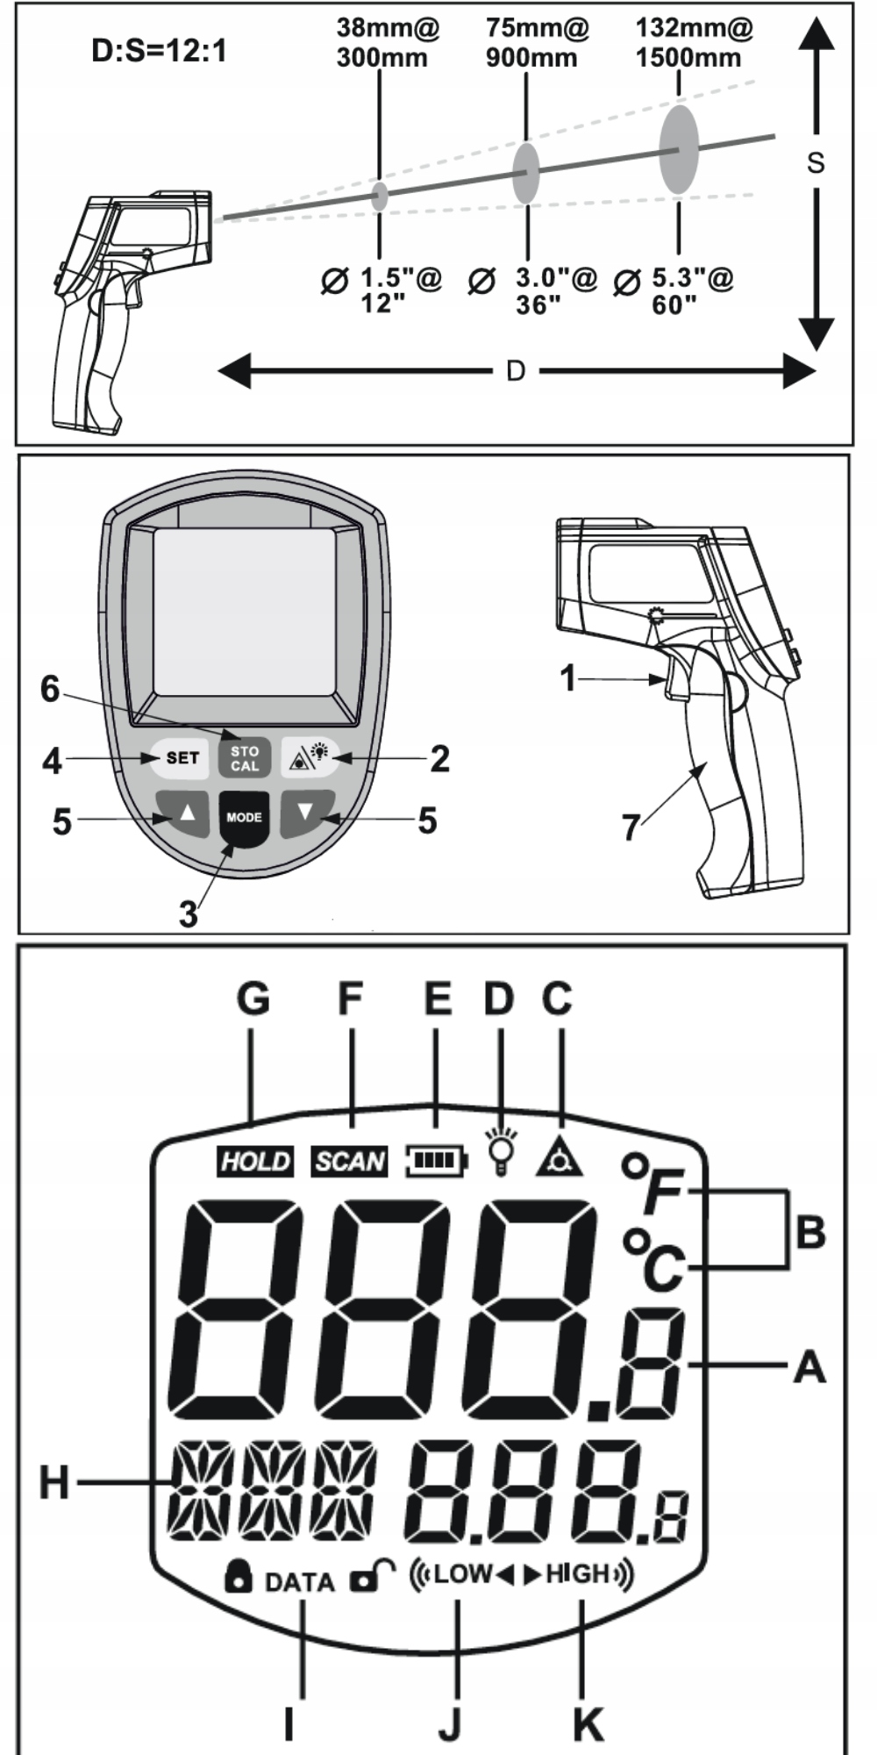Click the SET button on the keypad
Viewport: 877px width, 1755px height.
pyautogui.click(x=182, y=757)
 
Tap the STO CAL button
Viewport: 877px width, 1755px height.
pyautogui.click(x=245, y=758)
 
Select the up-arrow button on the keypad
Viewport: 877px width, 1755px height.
pyautogui.click(x=186, y=813)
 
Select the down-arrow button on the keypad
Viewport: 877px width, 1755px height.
pyautogui.click(x=305, y=812)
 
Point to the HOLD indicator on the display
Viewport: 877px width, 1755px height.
pyautogui.click(x=254, y=1161)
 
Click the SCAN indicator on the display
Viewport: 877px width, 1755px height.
pyautogui.click(x=350, y=1161)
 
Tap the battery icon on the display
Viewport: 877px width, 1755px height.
pyautogui.click(x=437, y=1161)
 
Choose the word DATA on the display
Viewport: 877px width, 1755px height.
pyautogui.click(x=299, y=1582)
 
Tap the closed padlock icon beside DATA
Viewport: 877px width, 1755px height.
pyautogui.click(x=238, y=1577)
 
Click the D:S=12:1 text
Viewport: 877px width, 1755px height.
pyautogui.click(x=160, y=51)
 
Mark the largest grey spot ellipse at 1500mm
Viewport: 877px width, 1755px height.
pyautogui.click(x=679, y=149)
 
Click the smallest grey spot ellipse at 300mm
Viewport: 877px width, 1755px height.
pyautogui.click(x=380, y=196)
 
